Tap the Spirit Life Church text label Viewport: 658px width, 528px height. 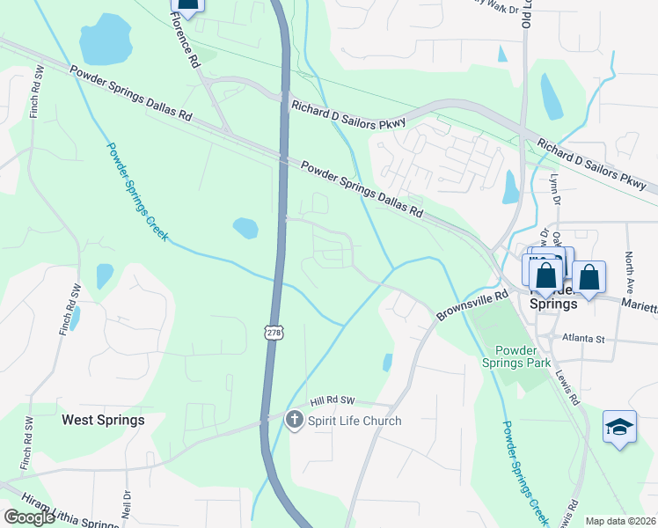tap(355, 421)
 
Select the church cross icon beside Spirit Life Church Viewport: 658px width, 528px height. tap(296, 421)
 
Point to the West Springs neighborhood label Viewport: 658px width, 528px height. tap(103, 420)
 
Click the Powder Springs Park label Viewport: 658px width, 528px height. tap(516, 355)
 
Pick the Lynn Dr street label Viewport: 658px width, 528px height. tap(554, 188)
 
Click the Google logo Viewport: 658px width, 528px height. tap(29, 517)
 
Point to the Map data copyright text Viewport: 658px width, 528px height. tap(621, 521)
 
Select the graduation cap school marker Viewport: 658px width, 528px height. tap(619, 428)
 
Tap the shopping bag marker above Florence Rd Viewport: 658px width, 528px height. tap(186, 4)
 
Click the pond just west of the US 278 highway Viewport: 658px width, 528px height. tap(245, 228)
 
